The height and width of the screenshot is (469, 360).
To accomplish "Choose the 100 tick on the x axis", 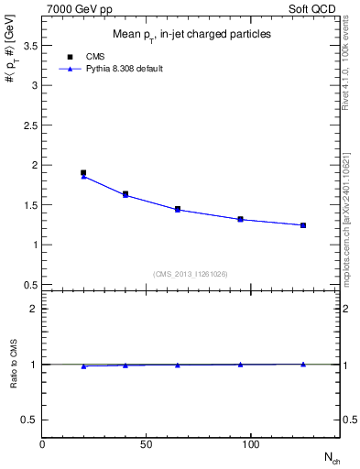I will point(247,444).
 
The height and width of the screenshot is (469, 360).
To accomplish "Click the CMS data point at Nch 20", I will point(83,172).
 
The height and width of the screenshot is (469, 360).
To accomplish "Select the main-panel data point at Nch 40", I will point(125,194).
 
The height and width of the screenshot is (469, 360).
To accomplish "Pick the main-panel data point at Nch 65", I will point(178,209).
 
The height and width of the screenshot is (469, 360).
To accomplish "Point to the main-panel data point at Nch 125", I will point(303,225).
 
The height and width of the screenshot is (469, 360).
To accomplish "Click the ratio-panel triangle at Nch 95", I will point(240,365).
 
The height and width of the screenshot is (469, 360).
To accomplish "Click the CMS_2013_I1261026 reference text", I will point(191,272).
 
